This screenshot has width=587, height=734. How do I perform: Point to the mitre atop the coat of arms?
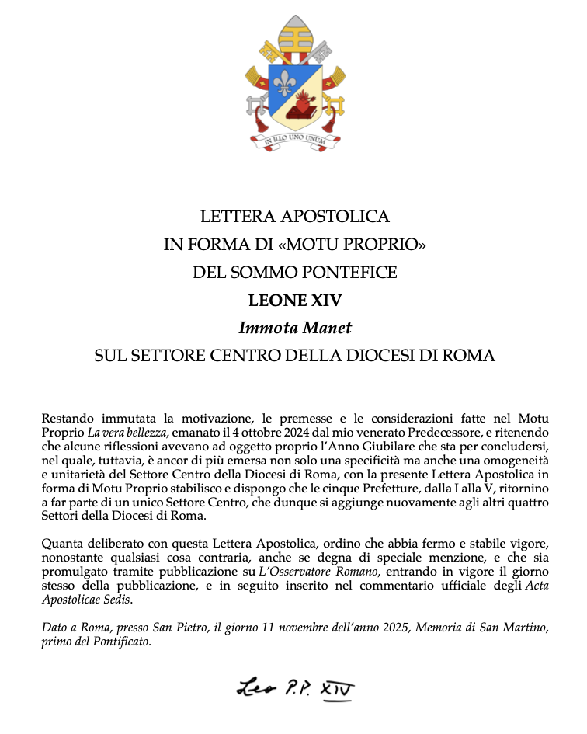pyautogui.click(x=293, y=36)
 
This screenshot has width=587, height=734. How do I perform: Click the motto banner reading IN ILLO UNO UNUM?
pyautogui.click(x=293, y=141)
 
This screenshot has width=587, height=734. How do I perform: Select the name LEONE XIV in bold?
pyautogui.click(x=294, y=301)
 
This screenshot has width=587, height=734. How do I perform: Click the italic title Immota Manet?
pyautogui.click(x=294, y=328)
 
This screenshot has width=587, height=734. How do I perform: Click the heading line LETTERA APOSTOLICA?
pyautogui.click(x=294, y=216)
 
